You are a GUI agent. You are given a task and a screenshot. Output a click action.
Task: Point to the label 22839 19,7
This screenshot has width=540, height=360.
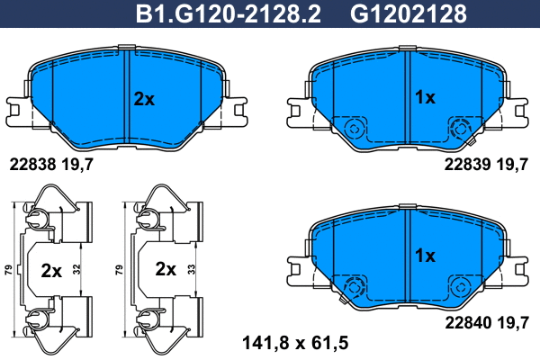(484, 164)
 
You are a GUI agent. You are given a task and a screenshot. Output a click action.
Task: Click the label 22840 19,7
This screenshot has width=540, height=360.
(484, 319)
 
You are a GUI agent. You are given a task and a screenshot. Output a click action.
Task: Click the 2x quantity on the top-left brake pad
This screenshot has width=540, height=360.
(144, 99)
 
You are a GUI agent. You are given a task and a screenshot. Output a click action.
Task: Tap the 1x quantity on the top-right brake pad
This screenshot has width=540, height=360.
(424, 96)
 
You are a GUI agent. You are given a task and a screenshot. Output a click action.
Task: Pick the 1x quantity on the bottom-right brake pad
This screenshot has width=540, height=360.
(424, 256)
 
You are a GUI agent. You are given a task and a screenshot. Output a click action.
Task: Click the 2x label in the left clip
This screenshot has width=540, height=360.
(51, 269)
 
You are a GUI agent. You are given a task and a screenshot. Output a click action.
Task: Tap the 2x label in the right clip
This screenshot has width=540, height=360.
(166, 269)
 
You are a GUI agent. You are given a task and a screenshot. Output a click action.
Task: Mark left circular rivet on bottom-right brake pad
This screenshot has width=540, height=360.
(354, 287)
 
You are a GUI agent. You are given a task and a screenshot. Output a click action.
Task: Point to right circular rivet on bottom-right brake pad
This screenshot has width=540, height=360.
(460, 287)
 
